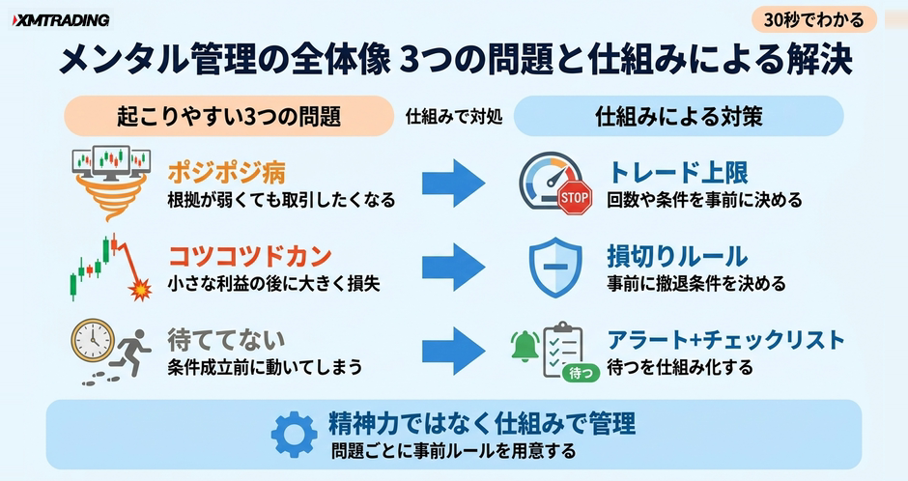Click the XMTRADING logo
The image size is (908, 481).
coord(60,21)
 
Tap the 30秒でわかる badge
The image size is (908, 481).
coord(813,20)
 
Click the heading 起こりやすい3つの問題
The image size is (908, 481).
coord(229,116)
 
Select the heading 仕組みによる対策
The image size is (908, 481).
coord(679,116)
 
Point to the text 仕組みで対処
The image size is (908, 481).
coord(454,117)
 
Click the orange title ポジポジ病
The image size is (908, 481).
coord(226,172)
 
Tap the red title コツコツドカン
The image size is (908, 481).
coord(250,255)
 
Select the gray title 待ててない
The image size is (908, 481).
coord(226,340)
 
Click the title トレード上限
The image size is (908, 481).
coord(678,172)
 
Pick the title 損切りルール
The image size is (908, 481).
coord(677,255)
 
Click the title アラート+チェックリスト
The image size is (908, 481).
coord(726,340)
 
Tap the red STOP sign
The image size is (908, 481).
coord(575,197)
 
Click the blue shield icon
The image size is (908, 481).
coord(555,267)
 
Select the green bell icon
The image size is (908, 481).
coord(525,346)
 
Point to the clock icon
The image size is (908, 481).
coord(93,341)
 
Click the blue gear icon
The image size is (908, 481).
coord(295,434)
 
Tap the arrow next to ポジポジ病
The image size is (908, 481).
coord(453,183)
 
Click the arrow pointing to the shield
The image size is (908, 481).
coord(453,267)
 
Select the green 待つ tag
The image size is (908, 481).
coord(581,373)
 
